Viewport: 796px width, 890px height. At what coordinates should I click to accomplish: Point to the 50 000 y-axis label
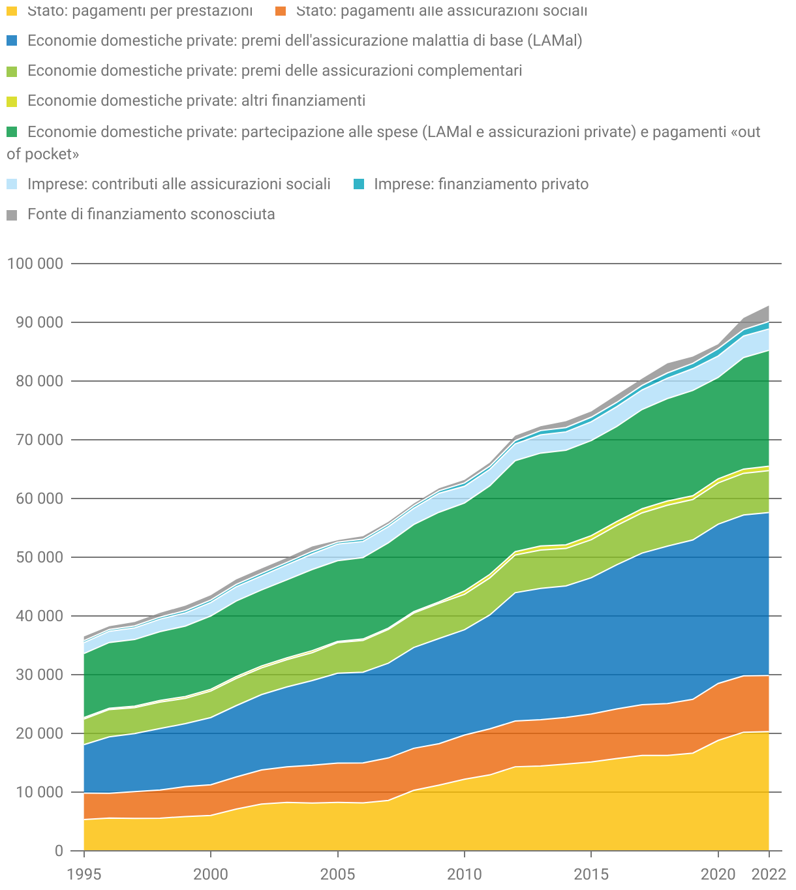(x=38, y=557)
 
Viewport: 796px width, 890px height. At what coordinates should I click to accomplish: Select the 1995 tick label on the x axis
(x=84, y=873)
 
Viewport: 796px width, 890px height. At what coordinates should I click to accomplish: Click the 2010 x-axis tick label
(x=464, y=873)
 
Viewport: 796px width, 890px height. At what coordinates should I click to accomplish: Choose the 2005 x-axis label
(x=337, y=873)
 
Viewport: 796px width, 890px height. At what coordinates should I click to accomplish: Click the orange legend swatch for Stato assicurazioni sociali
(x=280, y=11)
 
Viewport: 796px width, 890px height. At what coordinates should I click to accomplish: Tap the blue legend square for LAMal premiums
(x=12, y=40)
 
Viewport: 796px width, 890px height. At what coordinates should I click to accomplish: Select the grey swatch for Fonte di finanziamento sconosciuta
(x=12, y=215)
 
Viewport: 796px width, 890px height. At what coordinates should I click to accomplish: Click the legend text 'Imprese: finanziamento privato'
(x=481, y=184)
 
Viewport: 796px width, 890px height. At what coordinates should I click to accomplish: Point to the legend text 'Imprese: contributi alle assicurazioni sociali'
(x=179, y=184)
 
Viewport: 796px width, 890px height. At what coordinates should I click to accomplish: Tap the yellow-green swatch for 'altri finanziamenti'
(x=12, y=101)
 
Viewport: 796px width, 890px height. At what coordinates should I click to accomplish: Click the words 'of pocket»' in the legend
(x=43, y=155)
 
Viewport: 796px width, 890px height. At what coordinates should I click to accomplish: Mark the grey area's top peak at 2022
(x=769, y=306)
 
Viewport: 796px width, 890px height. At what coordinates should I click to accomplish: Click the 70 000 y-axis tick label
(x=38, y=440)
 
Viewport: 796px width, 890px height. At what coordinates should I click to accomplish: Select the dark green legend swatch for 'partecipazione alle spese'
(x=12, y=132)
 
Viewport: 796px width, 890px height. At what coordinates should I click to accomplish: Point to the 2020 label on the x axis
(x=718, y=873)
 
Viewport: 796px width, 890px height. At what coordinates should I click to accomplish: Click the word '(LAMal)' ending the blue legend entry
(x=556, y=40)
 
